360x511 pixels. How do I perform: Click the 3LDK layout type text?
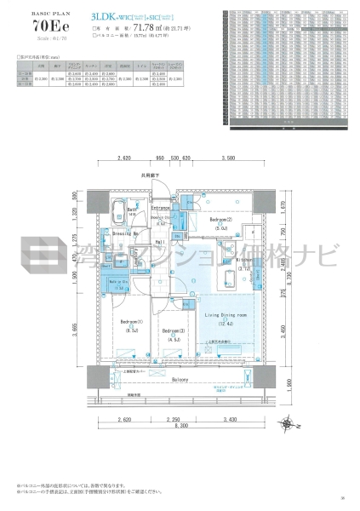pos(104,16)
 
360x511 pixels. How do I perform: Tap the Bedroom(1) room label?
pos(131,321)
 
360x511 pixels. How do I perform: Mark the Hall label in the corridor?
pos(159,242)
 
